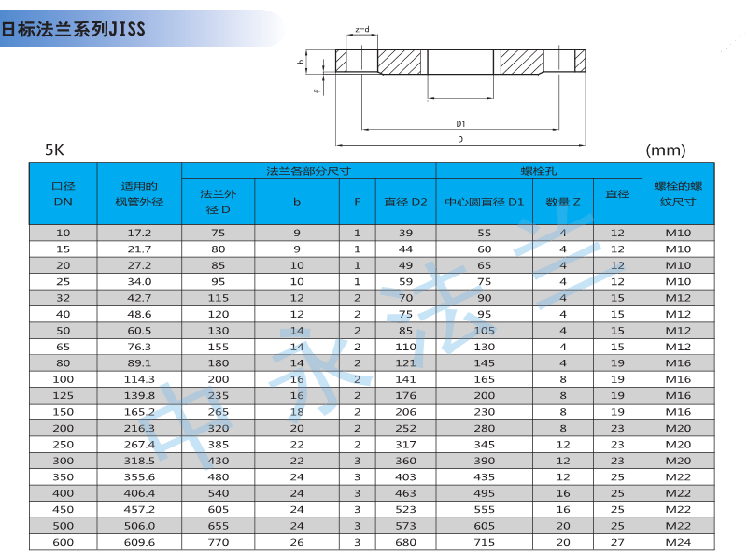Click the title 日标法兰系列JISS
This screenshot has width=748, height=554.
pyautogui.click(x=73, y=29)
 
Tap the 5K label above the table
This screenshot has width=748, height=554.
pyautogui.click(x=54, y=149)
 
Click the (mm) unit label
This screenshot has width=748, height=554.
pyautogui.click(x=666, y=150)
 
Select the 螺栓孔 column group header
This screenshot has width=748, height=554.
pyautogui.click(x=539, y=171)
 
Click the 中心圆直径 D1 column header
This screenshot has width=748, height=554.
pyautogui.click(x=485, y=202)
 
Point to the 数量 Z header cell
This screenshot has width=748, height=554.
pyautogui.click(x=563, y=202)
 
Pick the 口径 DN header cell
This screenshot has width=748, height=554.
pyautogui.click(x=63, y=193)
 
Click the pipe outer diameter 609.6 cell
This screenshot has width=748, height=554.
pyautogui.click(x=139, y=542)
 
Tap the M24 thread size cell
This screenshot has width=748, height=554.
pyautogui.click(x=678, y=542)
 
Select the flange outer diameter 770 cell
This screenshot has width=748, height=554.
pyautogui.click(x=218, y=542)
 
